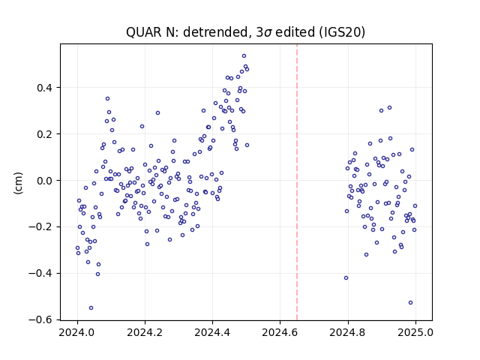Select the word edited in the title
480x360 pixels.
(295, 32)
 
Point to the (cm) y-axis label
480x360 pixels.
(18, 183)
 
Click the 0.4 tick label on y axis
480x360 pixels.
(45, 88)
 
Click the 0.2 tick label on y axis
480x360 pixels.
(45, 134)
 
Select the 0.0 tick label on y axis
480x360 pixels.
(45, 181)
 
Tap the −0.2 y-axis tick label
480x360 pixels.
(40, 226)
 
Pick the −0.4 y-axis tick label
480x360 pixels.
(40, 273)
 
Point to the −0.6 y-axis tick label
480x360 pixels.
(40, 319)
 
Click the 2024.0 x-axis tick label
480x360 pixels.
(77, 332)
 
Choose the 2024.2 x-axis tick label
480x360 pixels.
(145, 332)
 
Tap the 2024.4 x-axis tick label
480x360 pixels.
(212, 332)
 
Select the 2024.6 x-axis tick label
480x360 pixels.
(280, 332)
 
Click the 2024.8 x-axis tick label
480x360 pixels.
(348, 332)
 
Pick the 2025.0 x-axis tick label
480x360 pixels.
(415, 332)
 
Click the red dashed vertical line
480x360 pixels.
(297, 182)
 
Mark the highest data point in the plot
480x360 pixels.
(244, 56)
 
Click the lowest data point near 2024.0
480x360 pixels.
(91, 308)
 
